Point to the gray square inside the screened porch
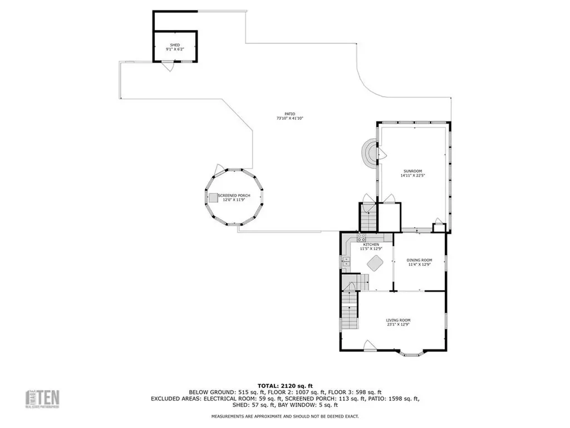click(214, 198)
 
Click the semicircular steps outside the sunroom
click(368, 153)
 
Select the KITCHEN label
click(371, 245)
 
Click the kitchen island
click(374, 263)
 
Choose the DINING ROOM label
click(419, 260)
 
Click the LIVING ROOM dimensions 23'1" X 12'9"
click(398, 324)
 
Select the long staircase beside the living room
click(348, 312)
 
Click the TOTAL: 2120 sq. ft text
click(284, 385)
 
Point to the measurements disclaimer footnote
click(284, 416)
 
